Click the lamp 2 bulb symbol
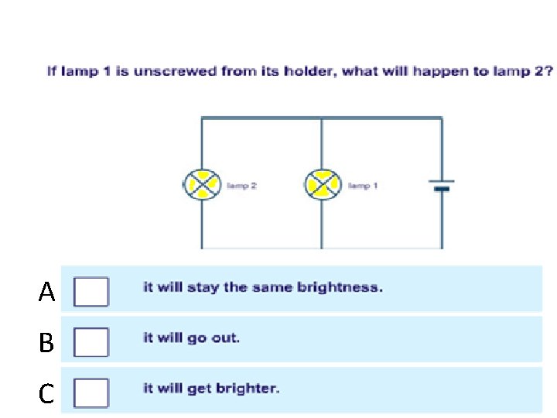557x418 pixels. [x=202, y=186]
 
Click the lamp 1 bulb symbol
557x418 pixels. [x=323, y=186]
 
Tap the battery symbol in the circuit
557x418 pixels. [x=441, y=186]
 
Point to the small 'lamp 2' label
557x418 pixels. [x=241, y=186]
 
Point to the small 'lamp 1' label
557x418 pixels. [x=363, y=186]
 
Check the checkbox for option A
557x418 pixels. [x=91, y=292]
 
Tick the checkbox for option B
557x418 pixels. [x=91, y=341]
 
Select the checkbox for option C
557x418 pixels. [x=91, y=392]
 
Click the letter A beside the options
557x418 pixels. [x=47, y=293]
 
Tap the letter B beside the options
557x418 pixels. [x=46, y=343]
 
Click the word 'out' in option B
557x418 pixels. [x=226, y=338]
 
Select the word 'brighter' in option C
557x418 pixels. [x=250, y=389]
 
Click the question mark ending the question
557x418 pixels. [x=548, y=72]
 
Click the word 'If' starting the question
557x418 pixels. [x=52, y=72]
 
